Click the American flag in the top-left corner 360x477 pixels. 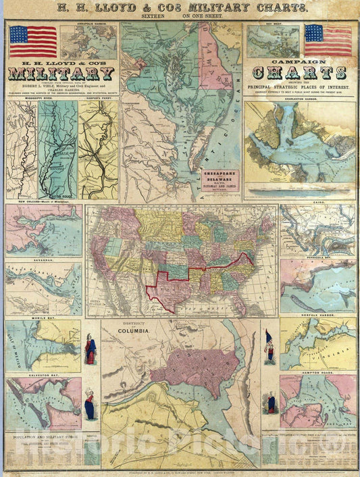(33, 41)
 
